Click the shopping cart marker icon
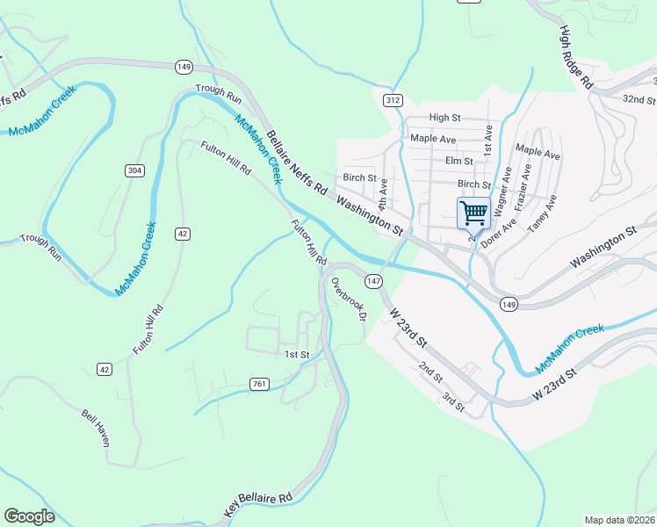(x=473, y=213)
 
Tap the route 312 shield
(x=393, y=100)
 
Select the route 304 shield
(x=134, y=170)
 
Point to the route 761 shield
(x=258, y=384)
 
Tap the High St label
(x=444, y=118)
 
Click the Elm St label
(x=458, y=161)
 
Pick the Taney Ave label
(x=542, y=214)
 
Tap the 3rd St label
(x=453, y=402)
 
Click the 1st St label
(x=297, y=354)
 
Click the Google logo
(x=29, y=516)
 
